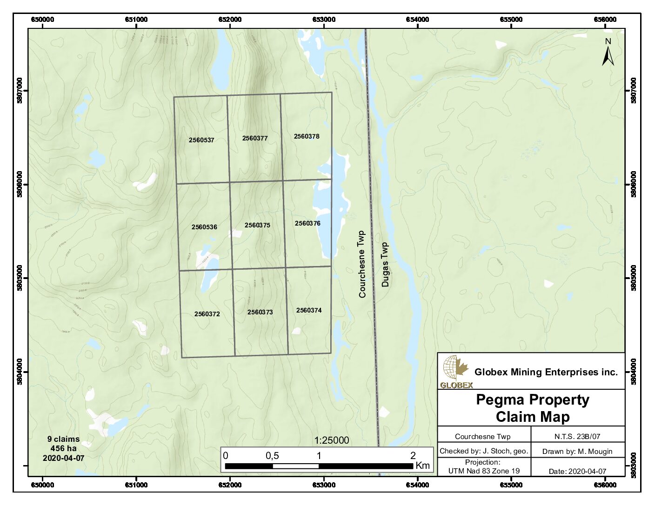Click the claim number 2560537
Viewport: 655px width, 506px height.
(201, 140)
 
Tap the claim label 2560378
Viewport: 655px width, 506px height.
(307, 136)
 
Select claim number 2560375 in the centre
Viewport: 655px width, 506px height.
(257, 225)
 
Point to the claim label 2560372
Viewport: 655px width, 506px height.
(207, 314)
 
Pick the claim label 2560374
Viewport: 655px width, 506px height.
(309, 310)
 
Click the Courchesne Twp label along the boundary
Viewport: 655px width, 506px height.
(362, 264)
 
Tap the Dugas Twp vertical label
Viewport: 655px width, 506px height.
(385, 264)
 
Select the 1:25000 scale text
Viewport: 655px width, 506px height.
(331, 440)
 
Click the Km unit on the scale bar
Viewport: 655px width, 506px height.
(422, 465)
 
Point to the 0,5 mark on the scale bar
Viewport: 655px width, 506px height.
(272, 456)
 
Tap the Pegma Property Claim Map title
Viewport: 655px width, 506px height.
(532, 408)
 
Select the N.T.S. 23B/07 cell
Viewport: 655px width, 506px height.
(577, 436)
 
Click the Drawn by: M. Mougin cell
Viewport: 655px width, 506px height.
(577, 451)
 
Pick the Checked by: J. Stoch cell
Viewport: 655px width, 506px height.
(484, 451)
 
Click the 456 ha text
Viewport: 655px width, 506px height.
(63, 448)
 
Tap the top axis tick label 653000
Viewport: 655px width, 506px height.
(324, 20)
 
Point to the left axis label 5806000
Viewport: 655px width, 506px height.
(20, 185)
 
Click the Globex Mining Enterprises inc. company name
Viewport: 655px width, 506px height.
(546, 372)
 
